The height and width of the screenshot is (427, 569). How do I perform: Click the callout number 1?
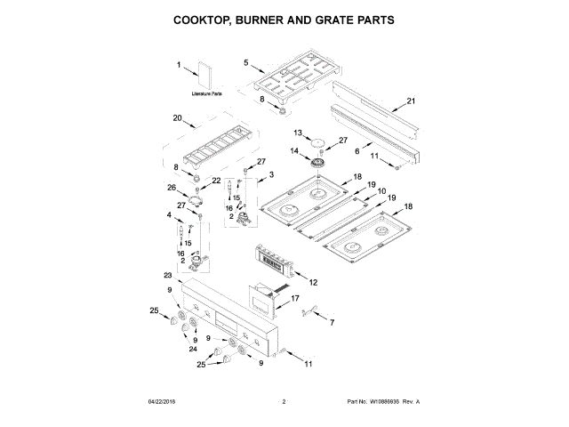tap(178, 64)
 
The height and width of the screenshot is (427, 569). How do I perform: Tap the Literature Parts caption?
tap(206, 93)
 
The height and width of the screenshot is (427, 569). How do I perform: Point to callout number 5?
tap(246, 62)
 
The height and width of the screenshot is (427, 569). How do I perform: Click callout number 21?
tap(411, 101)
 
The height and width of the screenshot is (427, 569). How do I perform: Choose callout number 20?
tap(177, 118)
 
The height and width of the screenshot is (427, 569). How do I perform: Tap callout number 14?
tap(296, 151)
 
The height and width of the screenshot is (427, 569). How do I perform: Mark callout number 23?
tap(167, 276)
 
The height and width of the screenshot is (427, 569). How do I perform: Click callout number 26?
tap(172, 188)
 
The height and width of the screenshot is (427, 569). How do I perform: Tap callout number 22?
tap(215, 181)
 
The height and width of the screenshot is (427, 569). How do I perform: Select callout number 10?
tap(381, 192)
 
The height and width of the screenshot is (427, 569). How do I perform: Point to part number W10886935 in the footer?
tap(387, 402)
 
